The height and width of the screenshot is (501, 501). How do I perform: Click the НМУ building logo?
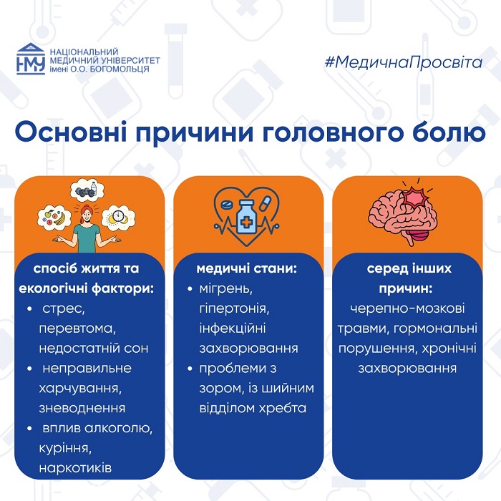click(x=31, y=59)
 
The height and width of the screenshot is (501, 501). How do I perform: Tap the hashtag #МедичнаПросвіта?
click(x=403, y=62)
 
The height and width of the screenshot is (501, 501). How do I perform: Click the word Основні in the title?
click(x=70, y=132)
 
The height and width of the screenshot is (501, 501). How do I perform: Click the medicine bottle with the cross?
click(x=246, y=218)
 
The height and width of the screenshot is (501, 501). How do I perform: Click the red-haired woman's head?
click(x=87, y=215)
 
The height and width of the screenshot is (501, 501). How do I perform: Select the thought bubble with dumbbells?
click(x=87, y=190)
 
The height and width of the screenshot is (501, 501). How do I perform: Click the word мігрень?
click(x=225, y=289)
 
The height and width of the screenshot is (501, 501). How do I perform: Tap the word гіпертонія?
click(x=234, y=308)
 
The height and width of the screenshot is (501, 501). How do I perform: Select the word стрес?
click(x=63, y=309)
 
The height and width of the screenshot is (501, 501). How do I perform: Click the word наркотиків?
click(x=75, y=468)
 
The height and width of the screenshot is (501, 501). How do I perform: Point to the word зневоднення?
click(x=82, y=409)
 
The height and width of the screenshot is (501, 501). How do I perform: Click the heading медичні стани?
click(x=247, y=268)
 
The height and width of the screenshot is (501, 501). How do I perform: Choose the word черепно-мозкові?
click(x=407, y=308)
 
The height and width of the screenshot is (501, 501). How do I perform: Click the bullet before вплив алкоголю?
click(x=30, y=429)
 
